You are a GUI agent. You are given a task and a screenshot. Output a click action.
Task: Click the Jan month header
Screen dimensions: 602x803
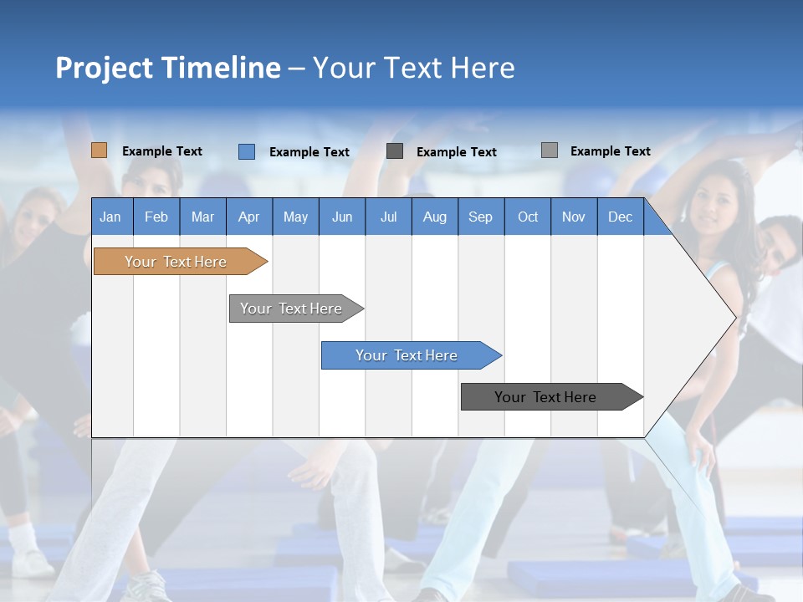[111, 217]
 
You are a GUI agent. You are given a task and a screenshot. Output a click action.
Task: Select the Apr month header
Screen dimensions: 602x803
[249, 217]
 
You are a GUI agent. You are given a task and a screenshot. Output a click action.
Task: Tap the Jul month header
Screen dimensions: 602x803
[388, 217]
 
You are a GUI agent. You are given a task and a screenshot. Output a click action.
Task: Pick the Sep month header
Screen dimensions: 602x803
[480, 217]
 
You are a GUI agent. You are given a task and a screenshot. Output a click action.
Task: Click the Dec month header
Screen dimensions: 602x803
[620, 217]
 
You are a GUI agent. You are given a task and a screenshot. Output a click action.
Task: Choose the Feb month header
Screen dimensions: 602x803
[156, 217]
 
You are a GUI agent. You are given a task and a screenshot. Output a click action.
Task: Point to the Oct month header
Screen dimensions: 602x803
[528, 217]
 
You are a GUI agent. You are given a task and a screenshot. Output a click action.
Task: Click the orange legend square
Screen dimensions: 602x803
[100, 150]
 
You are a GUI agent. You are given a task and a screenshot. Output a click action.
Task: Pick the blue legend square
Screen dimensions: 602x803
[247, 151]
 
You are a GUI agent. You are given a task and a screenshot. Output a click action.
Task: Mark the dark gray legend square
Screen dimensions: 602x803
[395, 151]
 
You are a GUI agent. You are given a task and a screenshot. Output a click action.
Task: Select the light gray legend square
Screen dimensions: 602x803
[550, 150]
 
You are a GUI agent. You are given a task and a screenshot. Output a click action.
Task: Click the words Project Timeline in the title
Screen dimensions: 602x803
[167, 68]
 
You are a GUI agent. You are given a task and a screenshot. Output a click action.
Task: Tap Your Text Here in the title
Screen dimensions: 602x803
[413, 68]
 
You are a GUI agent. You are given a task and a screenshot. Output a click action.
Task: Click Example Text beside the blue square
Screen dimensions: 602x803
[309, 152]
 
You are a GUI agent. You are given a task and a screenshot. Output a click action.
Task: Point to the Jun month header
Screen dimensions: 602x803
[342, 217]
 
